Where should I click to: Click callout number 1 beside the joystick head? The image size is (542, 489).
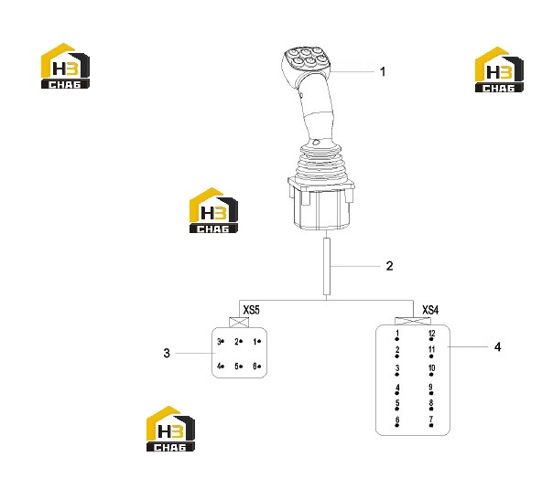(383, 72)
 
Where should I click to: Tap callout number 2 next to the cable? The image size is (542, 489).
(389, 266)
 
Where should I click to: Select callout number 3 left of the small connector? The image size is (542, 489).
(167, 353)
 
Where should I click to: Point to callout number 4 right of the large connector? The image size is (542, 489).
(497, 346)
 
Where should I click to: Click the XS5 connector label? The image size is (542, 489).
(251, 310)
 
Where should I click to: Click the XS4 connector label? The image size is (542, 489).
(430, 310)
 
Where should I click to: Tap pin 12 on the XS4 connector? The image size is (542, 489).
(431, 335)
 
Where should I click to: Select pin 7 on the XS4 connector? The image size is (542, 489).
(431, 421)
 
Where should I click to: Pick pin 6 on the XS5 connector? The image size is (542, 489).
(256, 367)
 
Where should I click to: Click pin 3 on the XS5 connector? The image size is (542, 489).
(220, 342)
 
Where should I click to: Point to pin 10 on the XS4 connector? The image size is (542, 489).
(431, 369)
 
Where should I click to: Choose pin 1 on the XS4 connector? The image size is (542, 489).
(397, 335)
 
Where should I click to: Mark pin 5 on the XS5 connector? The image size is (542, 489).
(239, 367)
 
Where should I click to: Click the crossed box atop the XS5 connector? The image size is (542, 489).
(239, 323)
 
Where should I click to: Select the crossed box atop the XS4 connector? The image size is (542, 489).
(413, 321)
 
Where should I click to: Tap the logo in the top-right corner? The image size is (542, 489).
(499, 69)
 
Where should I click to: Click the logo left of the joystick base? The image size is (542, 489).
(213, 210)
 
